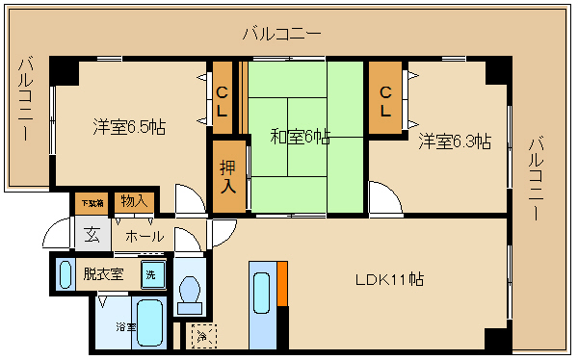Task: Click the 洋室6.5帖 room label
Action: coord(129,127)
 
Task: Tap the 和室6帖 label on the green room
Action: coord(300,138)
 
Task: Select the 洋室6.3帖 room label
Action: coord(454,141)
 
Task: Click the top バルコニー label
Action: coord(281,34)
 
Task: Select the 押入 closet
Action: coord(227,176)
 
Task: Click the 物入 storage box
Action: coord(133,202)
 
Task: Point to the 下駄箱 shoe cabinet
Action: coord(90,203)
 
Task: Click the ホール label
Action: coord(144,236)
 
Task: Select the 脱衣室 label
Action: coord(103,273)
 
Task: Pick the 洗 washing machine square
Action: coord(152,273)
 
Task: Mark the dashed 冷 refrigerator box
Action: coord(202,337)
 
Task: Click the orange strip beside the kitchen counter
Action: coord(282,283)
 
